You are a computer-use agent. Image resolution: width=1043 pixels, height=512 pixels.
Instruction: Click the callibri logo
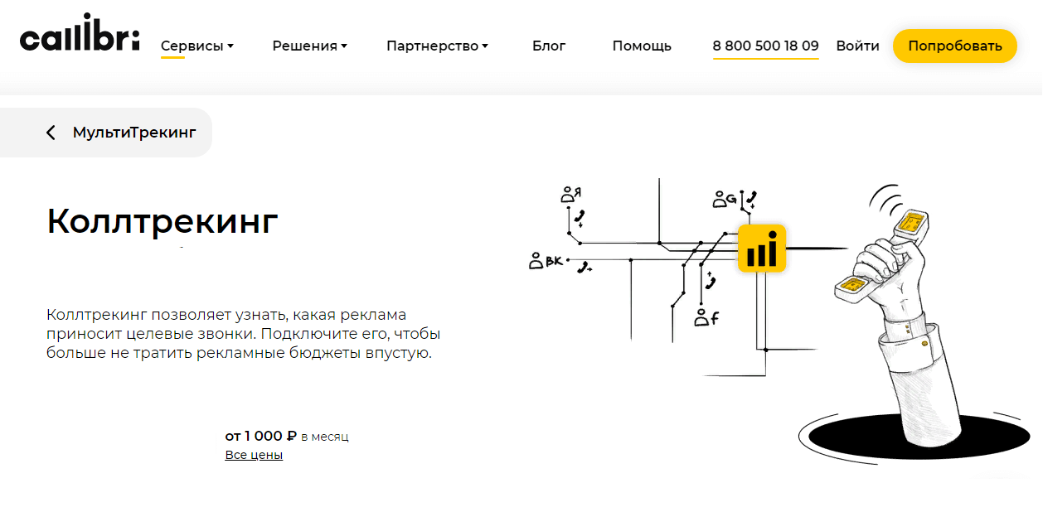pyautogui.click(x=80, y=32)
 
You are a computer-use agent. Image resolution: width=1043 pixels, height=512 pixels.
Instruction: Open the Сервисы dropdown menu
pyautogui.click(x=197, y=46)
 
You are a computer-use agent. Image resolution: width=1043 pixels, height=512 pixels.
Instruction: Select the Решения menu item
pyautogui.click(x=309, y=46)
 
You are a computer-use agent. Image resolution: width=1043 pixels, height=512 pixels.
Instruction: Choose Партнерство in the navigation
pyautogui.click(x=437, y=46)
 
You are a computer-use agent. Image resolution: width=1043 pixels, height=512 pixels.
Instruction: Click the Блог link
pyautogui.click(x=549, y=46)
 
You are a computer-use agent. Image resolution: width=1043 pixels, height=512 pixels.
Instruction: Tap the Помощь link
pyautogui.click(x=642, y=46)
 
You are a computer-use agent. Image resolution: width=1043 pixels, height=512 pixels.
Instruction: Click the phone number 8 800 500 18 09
pyautogui.click(x=765, y=46)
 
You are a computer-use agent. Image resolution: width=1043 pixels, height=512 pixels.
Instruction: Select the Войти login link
pyautogui.click(x=857, y=46)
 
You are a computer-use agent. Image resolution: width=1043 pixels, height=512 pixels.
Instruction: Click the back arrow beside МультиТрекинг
pyautogui.click(x=51, y=133)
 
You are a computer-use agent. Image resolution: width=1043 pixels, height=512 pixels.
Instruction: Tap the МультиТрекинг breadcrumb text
pyautogui.click(x=134, y=133)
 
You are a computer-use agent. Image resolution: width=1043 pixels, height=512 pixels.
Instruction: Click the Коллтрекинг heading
pyautogui.click(x=162, y=221)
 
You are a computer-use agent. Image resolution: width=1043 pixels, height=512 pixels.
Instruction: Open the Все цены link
pyautogui.click(x=254, y=455)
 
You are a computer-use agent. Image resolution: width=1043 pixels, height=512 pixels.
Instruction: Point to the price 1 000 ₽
pyautogui.click(x=270, y=436)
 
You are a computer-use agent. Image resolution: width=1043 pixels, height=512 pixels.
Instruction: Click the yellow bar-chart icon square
pyautogui.click(x=762, y=248)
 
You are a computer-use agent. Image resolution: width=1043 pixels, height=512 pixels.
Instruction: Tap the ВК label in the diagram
pyautogui.click(x=554, y=261)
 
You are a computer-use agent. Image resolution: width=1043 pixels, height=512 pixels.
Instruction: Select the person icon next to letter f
pyautogui.click(x=701, y=317)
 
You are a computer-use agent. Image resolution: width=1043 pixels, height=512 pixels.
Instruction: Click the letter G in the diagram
pyautogui.click(x=731, y=199)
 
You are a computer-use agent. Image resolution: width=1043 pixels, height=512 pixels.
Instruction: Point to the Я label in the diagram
pyautogui.click(x=577, y=191)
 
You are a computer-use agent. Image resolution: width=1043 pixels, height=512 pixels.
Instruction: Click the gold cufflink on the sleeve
pyautogui.click(x=924, y=344)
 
